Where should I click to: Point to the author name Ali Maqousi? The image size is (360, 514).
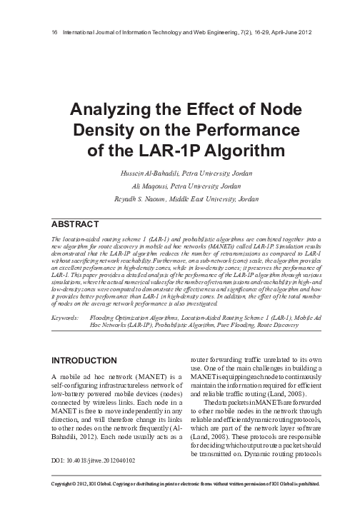(x=144, y=185)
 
